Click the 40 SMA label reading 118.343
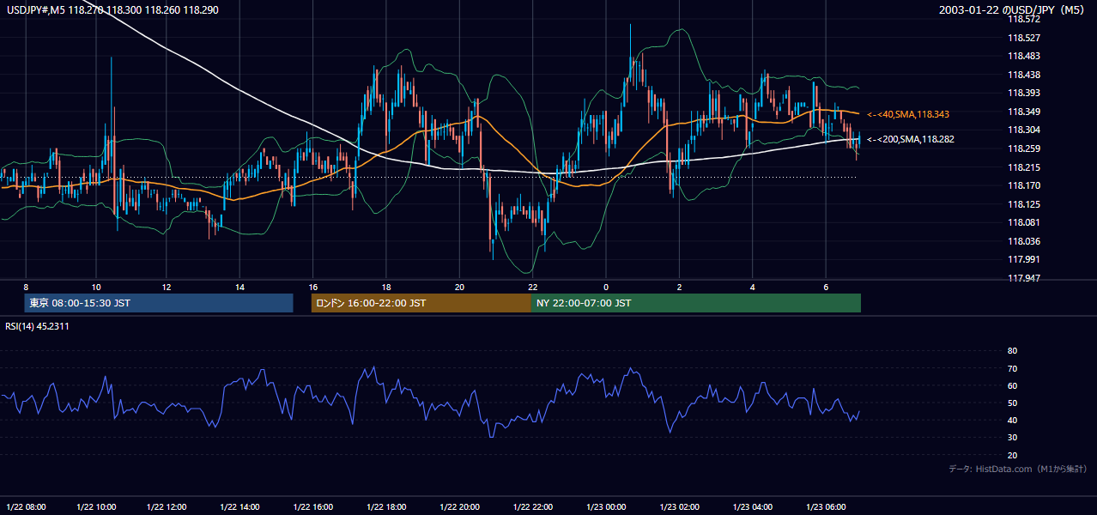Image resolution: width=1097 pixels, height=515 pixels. point(908,114)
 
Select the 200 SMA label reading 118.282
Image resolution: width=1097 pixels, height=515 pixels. point(911,140)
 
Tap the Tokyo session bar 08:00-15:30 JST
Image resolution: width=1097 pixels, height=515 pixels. point(159,303)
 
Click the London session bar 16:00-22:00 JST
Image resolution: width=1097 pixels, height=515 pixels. point(421,303)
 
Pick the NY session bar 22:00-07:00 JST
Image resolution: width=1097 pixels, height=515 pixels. point(696,303)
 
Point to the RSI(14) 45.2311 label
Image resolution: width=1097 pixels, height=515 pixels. point(37,326)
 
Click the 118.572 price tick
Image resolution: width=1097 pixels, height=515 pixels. point(1023,20)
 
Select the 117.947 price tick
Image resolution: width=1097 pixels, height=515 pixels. point(1023,278)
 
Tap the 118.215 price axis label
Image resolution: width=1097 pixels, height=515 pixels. point(1023,167)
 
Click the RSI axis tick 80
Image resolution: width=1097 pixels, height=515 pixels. point(1012,350)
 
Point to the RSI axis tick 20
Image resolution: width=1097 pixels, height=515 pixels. point(1012,455)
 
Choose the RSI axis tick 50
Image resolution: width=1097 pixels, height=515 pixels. point(1012,403)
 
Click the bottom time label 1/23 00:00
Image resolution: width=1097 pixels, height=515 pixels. point(606,507)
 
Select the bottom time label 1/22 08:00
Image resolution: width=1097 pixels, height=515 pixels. point(26,507)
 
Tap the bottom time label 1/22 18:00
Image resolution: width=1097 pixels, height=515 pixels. point(386,507)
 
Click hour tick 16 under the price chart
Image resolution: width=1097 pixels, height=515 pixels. point(313,288)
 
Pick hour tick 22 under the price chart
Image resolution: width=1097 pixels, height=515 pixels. point(533,288)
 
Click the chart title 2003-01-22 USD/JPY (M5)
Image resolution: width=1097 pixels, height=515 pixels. point(1011,9)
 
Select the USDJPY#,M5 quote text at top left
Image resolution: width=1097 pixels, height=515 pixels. point(112,9)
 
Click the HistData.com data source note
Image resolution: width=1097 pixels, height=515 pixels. point(1018,469)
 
